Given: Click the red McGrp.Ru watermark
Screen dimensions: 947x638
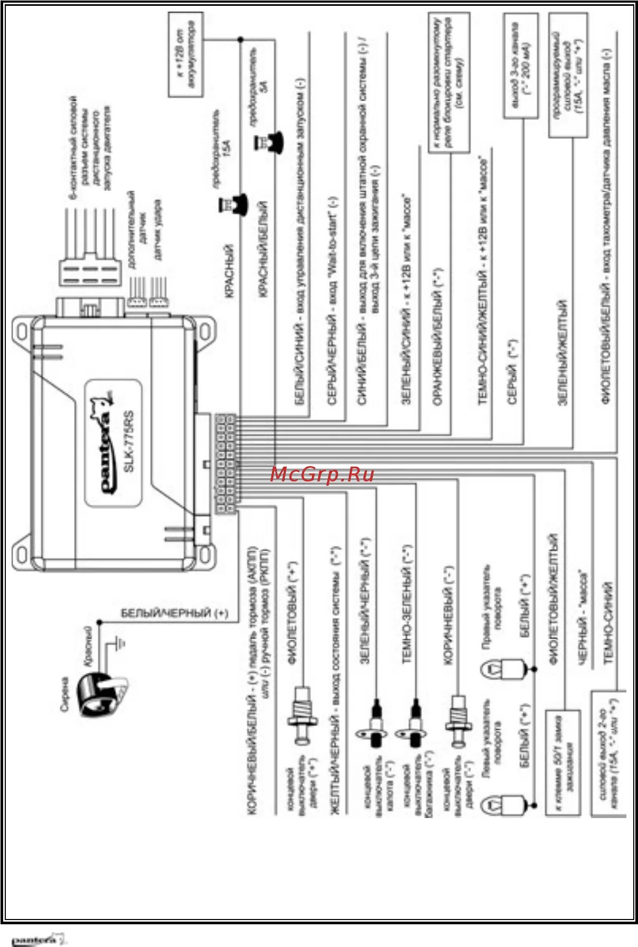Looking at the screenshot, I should coord(322,474).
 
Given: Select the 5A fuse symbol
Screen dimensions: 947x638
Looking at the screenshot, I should coord(269,142).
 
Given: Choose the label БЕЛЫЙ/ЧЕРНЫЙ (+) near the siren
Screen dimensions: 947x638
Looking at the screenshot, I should coord(174,613).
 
